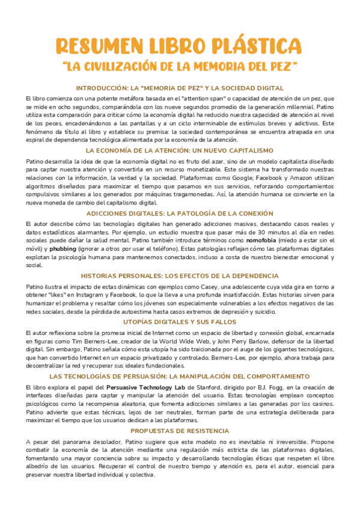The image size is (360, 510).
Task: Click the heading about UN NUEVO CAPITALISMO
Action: click(x=180, y=150)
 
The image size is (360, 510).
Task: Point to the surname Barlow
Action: click(x=264, y=340)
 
